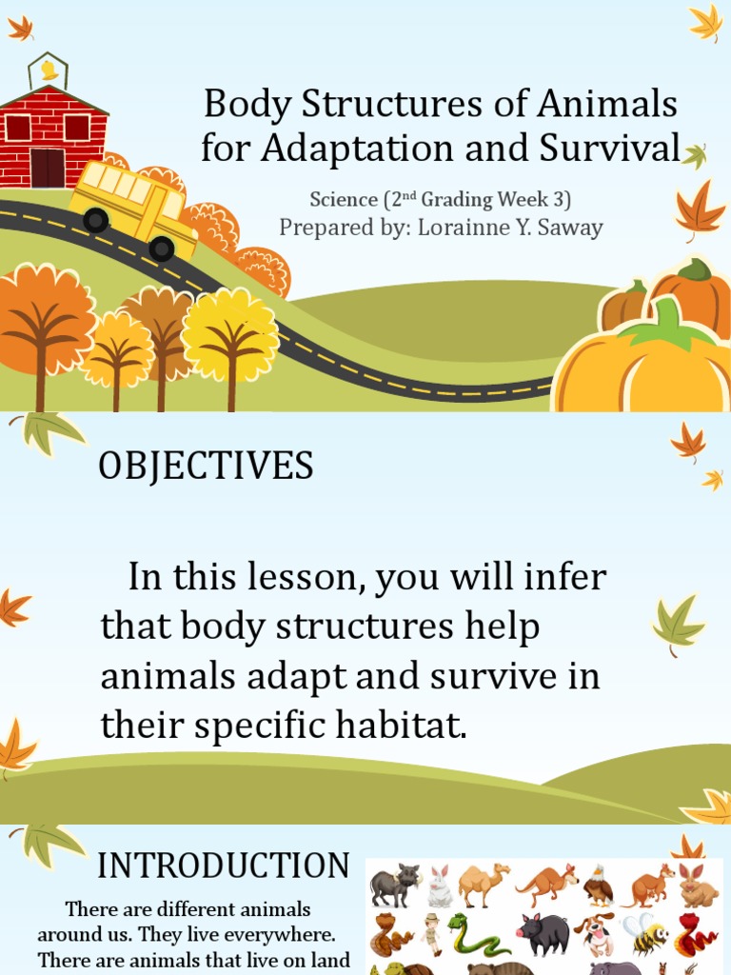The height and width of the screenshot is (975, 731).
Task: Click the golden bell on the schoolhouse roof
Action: click(x=48, y=70)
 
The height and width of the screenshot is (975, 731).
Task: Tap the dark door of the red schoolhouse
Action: click(x=47, y=168)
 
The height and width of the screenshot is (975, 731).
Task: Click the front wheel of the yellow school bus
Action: click(x=162, y=249)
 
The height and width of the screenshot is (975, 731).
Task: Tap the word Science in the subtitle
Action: click(x=344, y=200)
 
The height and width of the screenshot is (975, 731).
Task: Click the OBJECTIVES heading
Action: click(x=206, y=467)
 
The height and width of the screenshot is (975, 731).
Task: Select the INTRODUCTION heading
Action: click(x=224, y=866)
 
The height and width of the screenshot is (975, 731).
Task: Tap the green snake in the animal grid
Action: click(x=476, y=935)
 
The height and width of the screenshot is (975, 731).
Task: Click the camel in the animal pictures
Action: click(x=483, y=885)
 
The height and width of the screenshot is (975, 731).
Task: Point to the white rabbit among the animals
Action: click(x=440, y=887)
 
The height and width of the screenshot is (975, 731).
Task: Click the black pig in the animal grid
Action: click(x=543, y=934)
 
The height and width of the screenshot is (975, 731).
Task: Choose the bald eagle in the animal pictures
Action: click(x=598, y=885)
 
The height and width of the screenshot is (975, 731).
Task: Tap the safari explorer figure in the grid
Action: click(x=432, y=934)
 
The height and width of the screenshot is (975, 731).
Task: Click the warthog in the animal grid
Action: click(x=394, y=886)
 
